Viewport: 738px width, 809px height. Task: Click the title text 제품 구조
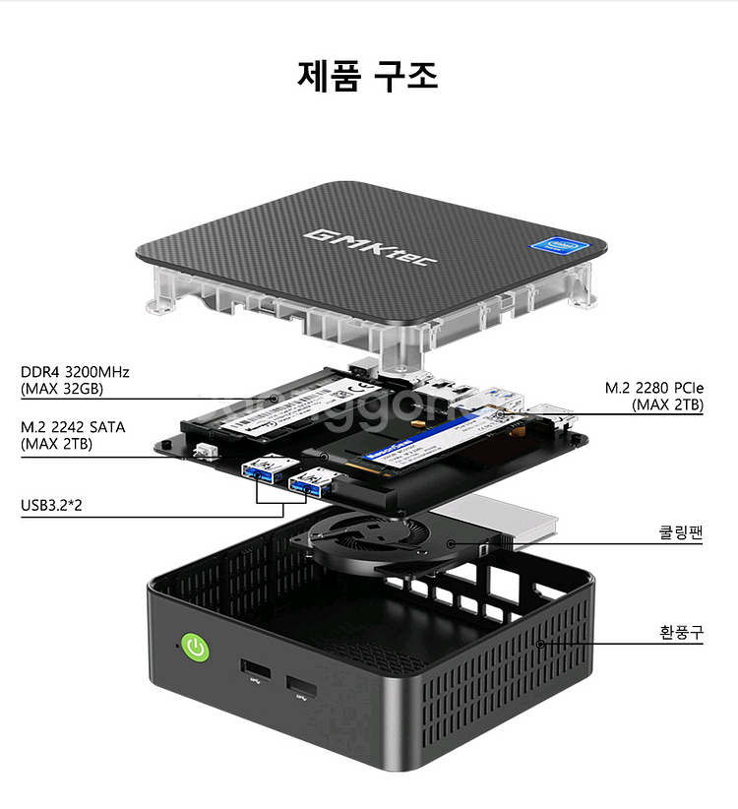pos(368,76)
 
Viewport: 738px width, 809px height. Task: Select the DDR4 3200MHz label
pos(75,372)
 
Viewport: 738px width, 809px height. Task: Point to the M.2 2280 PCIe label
pos(654,388)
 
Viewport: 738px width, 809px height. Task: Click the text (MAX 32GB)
pos(61,389)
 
